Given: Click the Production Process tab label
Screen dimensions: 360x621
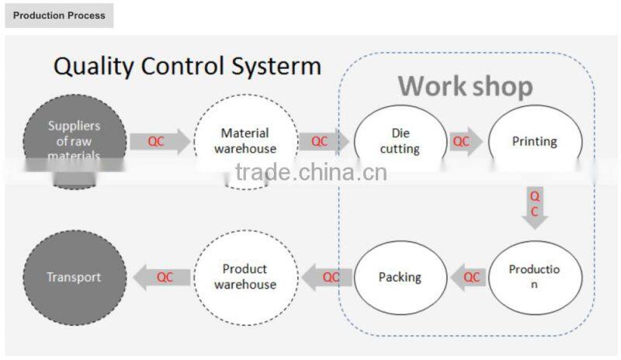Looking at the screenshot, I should pos(59,16).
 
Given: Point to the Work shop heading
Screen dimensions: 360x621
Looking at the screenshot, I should pos(465,85).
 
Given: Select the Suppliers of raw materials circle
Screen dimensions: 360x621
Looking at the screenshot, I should pos(75,140).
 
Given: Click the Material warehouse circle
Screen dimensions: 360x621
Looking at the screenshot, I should pos(245,140).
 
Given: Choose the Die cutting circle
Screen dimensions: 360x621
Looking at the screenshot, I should pos(400,140).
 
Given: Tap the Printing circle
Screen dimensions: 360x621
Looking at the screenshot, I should pos(534,141).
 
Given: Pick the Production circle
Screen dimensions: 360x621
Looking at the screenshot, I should pos(534,277).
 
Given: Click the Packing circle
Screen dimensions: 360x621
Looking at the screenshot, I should pos(400,277).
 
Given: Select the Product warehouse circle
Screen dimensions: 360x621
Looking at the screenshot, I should pos(245,277).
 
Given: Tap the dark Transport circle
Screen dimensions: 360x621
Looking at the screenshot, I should pos(75,277).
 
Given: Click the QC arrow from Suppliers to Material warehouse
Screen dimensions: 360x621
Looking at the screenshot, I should pos(158,141).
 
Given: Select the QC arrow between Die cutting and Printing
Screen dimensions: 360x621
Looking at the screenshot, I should pos(464,141).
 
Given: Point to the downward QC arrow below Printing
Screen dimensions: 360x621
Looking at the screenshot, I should pos(534,206).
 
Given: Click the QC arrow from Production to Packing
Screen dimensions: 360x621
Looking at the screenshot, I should pos(469,277).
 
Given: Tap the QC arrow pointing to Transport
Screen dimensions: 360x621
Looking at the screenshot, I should pos(161,277).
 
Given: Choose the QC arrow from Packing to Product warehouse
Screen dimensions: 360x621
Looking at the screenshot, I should pos(328,277).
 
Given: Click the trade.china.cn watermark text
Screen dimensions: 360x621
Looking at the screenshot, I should pos(310,171).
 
